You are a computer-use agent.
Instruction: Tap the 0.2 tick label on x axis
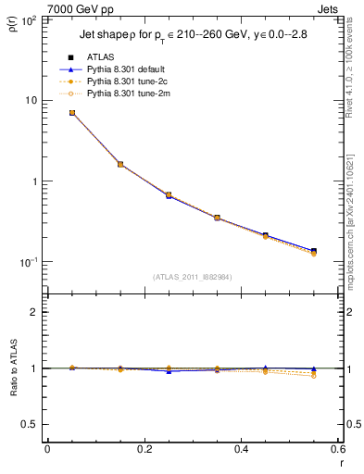click(x=144, y=450)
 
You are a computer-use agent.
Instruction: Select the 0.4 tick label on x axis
click(x=241, y=450)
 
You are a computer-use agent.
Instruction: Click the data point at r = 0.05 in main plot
click(x=72, y=113)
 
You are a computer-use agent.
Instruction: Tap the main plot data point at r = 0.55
click(x=314, y=251)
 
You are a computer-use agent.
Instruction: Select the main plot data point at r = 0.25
click(x=169, y=195)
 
